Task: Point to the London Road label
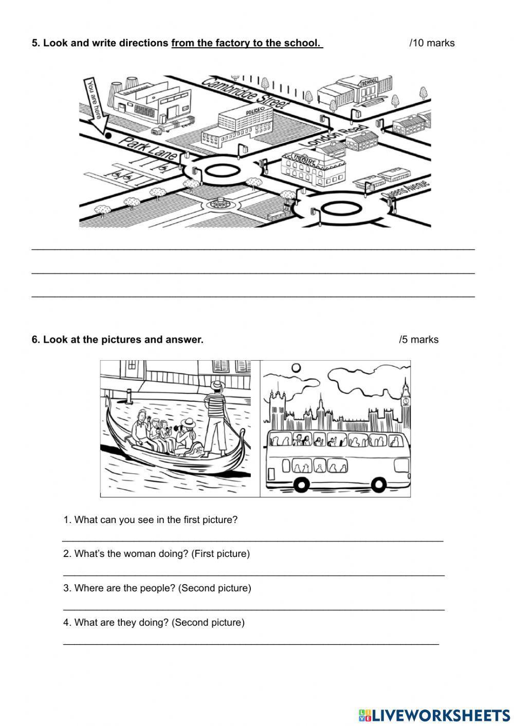click(338, 135)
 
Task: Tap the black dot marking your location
click(108, 136)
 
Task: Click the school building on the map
click(352, 90)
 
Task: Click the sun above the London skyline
click(296, 368)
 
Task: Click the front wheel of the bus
click(378, 483)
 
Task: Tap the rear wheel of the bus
click(301, 483)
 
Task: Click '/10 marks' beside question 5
click(432, 43)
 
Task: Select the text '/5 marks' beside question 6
click(418, 340)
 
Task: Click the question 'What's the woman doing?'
click(156, 554)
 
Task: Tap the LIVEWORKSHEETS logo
click(434, 715)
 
